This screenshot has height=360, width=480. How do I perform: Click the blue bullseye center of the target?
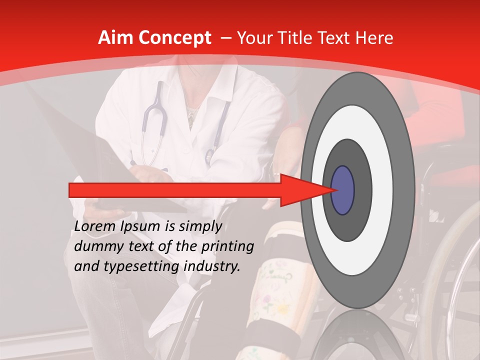(342, 190)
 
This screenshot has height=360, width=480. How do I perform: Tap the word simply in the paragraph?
(200, 226)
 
